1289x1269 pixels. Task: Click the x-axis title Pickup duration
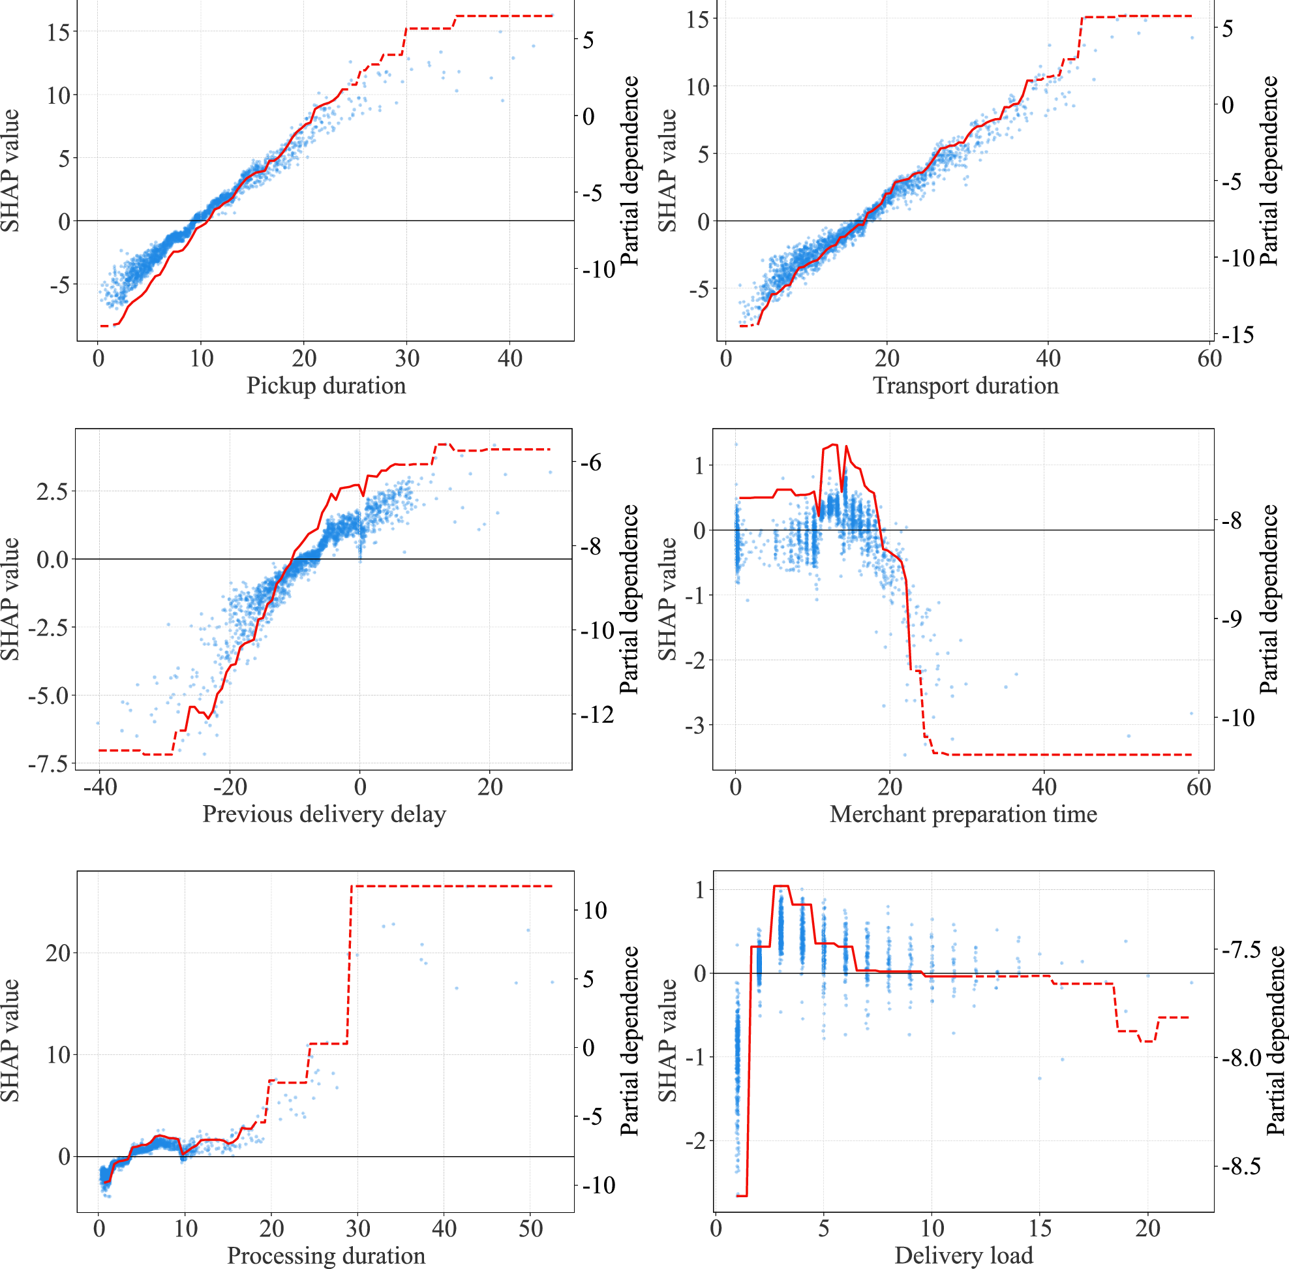click(326, 386)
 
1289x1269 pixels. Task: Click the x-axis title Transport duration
click(965, 386)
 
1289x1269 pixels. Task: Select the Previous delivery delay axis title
click(324, 814)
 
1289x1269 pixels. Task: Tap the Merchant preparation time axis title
click(963, 814)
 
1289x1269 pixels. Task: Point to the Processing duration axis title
click(326, 1255)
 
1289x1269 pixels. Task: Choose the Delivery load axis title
click(963, 1255)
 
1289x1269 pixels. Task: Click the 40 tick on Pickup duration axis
click(510, 359)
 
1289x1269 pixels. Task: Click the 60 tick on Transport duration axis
click(1209, 359)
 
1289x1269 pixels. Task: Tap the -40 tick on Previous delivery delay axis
click(100, 787)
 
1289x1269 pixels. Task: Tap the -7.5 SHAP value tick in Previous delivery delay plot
click(48, 763)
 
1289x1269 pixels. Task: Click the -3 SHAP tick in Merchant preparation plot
click(695, 725)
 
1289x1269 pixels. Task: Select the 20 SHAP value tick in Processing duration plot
click(58, 953)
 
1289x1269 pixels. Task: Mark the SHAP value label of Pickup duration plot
click(10, 172)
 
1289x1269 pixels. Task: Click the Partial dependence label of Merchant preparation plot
click(1269, 599)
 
